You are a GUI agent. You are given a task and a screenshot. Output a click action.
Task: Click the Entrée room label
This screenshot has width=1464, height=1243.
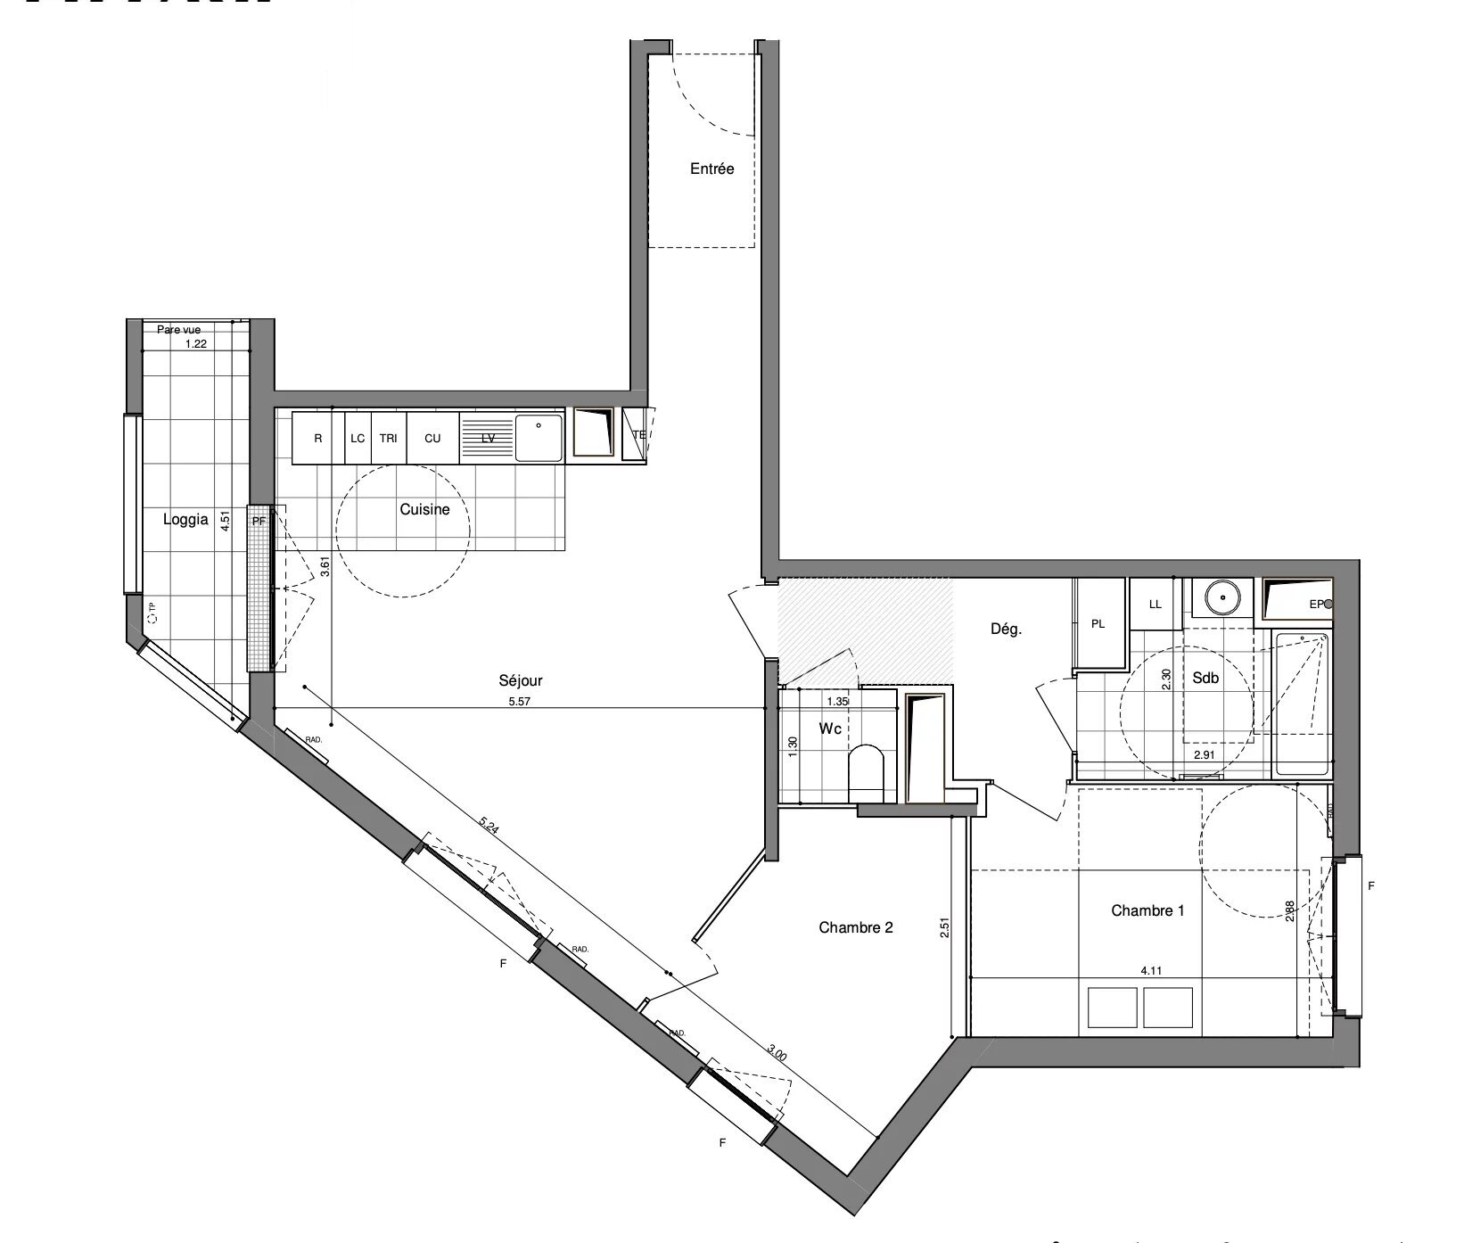pyautogui.click(x=711, y=169)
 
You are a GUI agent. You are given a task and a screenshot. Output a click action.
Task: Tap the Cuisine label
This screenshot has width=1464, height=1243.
pyautogui.click(x=424, y=510)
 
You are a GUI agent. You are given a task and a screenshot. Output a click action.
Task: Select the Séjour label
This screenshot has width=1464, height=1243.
pyautogui.click(x=520, y=681)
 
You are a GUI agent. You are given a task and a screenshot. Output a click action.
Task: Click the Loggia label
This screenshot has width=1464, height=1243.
pyautogui.click(x=185, y=520)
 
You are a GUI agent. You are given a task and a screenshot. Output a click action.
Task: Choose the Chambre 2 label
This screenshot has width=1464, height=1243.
pyautogui.click(x=856, y=927)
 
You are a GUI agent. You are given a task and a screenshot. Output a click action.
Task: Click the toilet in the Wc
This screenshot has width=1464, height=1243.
pyautogui.click(x=865, y=770)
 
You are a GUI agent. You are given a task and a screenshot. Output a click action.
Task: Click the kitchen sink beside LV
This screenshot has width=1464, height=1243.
pyautogui.click(x=539, y=437)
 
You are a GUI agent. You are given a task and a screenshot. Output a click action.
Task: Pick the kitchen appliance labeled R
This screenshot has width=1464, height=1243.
pyautogui.click(x=318, y=438)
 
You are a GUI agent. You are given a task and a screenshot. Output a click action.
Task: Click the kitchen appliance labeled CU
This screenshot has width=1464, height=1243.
pyautogui.click(x=432, y=438)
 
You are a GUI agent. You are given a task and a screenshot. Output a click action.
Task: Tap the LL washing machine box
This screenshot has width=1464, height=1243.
pyautogui.click(x=1155, y=604)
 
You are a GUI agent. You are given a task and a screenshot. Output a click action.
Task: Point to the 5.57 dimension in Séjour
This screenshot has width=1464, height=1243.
pyautogui.click(x=518, y=702)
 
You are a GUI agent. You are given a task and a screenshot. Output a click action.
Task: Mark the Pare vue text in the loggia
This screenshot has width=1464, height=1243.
pyautogui.click(x=178, y=330)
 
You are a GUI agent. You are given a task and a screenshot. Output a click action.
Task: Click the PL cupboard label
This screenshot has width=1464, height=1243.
pyautogui.click(x=1098, y=624)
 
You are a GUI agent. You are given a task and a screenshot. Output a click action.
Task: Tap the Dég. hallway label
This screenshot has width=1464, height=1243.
pyautogui.click(x=1006, y=630)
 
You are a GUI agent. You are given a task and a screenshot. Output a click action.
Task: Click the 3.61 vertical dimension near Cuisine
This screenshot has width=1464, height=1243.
pyautogui.click(x=325, y=567)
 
